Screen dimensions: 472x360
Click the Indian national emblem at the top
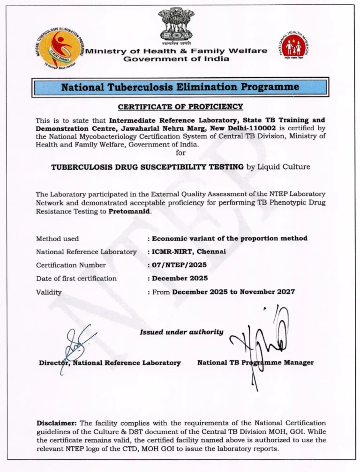coord(176,24)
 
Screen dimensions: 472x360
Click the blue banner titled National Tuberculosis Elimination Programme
coord(180,87)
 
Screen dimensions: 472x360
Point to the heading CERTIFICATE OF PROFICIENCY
coord(180,107)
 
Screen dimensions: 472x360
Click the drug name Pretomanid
coord(130,211)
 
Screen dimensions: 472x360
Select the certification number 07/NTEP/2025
coord(179,265)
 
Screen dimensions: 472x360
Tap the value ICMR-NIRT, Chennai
coord(188,251)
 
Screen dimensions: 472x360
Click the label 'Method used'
coord(57,238)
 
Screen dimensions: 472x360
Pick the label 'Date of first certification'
coord(76,278)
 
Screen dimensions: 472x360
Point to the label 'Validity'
coord(49,292)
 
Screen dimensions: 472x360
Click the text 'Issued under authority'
coord(181,332)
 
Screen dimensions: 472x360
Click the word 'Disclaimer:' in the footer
coord(57,423)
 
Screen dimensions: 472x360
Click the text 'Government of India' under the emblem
coord(176,59)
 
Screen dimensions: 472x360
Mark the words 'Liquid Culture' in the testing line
coord(284,167)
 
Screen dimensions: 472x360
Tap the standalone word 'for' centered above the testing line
coord(180,153)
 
